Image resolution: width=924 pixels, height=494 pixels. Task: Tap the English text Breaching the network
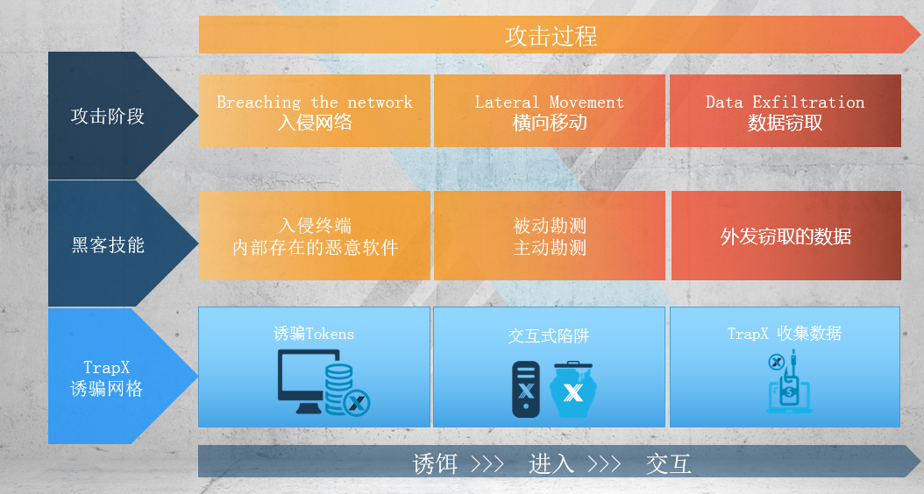[x=315, y=102]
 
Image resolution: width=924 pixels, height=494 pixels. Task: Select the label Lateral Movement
[x=549, y=102]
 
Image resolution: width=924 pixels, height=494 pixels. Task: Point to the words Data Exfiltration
[x=785, y=102]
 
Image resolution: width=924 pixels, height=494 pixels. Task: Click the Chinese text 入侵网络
[x=315, y=123]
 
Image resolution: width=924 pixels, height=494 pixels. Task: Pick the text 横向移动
[x=549, y=123]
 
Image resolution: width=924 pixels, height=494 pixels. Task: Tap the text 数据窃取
[x=785, y=123]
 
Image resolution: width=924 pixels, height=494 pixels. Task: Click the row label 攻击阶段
[x=107, y=116]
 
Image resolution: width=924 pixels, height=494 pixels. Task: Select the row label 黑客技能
[x=107, y=245]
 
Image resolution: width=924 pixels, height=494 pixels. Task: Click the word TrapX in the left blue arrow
[x=107, y=368]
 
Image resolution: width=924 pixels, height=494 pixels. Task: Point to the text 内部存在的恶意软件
[x=316, y=248]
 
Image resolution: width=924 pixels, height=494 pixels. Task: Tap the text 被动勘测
[x=549, y=225]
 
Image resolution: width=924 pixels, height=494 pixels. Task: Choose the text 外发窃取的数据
[x=785, y=236]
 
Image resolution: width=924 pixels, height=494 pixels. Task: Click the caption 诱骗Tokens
[x=314, y=334]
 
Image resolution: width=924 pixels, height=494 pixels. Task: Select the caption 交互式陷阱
[x=549, y=335]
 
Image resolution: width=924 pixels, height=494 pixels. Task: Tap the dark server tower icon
[x=526, y=389]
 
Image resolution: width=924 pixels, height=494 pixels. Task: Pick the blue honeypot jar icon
[x=572, y=390]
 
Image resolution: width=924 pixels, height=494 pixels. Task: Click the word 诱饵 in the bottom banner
[x=435, y=464]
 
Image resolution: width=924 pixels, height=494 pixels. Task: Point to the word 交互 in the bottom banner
[x=668, y=464]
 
